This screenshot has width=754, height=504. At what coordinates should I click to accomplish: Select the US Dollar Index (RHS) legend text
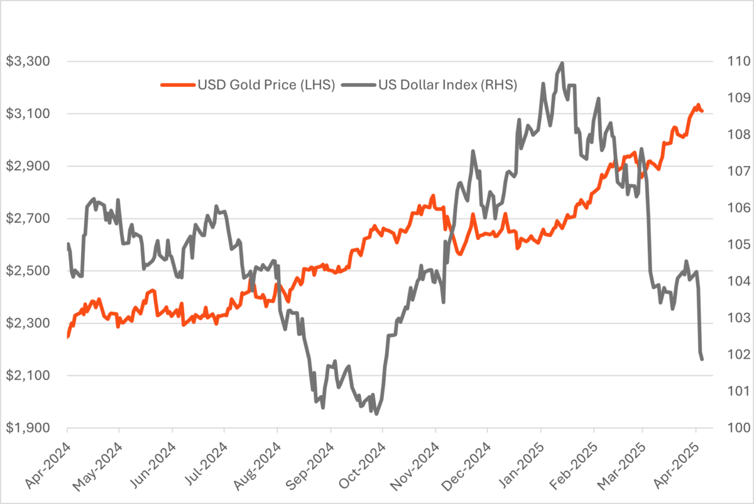447,85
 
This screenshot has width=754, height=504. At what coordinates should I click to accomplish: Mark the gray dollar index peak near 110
562,63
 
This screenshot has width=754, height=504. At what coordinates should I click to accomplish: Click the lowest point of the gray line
376,414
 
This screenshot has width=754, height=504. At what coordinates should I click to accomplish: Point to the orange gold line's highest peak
698,105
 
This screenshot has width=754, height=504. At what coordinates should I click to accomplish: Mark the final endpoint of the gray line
702,359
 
